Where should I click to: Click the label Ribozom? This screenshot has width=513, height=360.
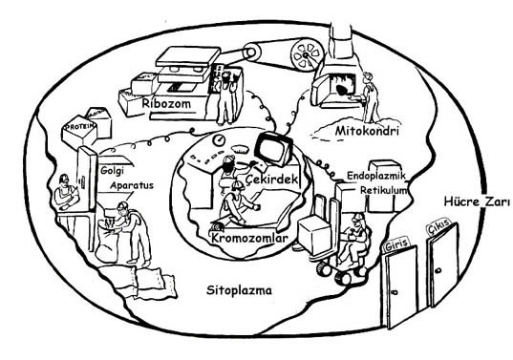(x=166, y=103)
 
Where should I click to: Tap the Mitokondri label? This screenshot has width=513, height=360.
(x=367, y=131)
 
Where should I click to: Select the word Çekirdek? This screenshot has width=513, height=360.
(x=272, y=180)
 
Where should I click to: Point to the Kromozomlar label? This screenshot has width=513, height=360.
(x=250, y=238)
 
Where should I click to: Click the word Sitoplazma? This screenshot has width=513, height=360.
(x=239, y=290)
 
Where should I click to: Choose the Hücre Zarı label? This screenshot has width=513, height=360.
(x=477, y=201)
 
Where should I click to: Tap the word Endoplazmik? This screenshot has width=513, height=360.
(x=376, y=176)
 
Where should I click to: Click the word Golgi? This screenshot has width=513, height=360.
(x=112, y=171)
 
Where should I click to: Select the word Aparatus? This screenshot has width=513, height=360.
(x=132, y=185)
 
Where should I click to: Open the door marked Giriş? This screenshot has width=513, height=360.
(x=401, y=286)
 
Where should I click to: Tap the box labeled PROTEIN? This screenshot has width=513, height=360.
(x=79, y=131)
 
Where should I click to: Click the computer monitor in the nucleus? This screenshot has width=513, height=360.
(x=273, y=149)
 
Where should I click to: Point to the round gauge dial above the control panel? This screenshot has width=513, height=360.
(x=219, y=140)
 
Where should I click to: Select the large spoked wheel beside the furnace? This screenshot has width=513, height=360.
(x=308, y=55)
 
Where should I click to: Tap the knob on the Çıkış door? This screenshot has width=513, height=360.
(x=438, y=271)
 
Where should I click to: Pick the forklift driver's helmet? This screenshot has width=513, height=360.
(x=358, y=217)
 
